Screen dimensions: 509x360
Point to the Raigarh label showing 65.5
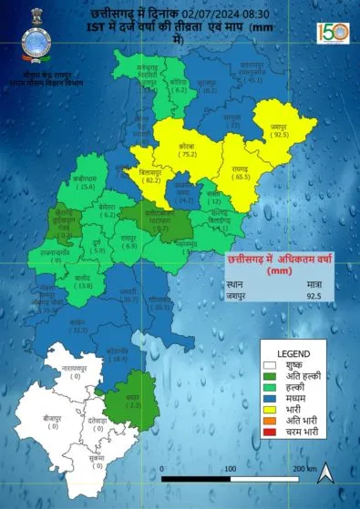(x=242, y=176)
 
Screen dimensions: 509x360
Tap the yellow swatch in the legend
(x=270, y=409)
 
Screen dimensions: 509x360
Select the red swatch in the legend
(x=270, y=433)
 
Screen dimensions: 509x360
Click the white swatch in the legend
(x=270, y=363)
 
